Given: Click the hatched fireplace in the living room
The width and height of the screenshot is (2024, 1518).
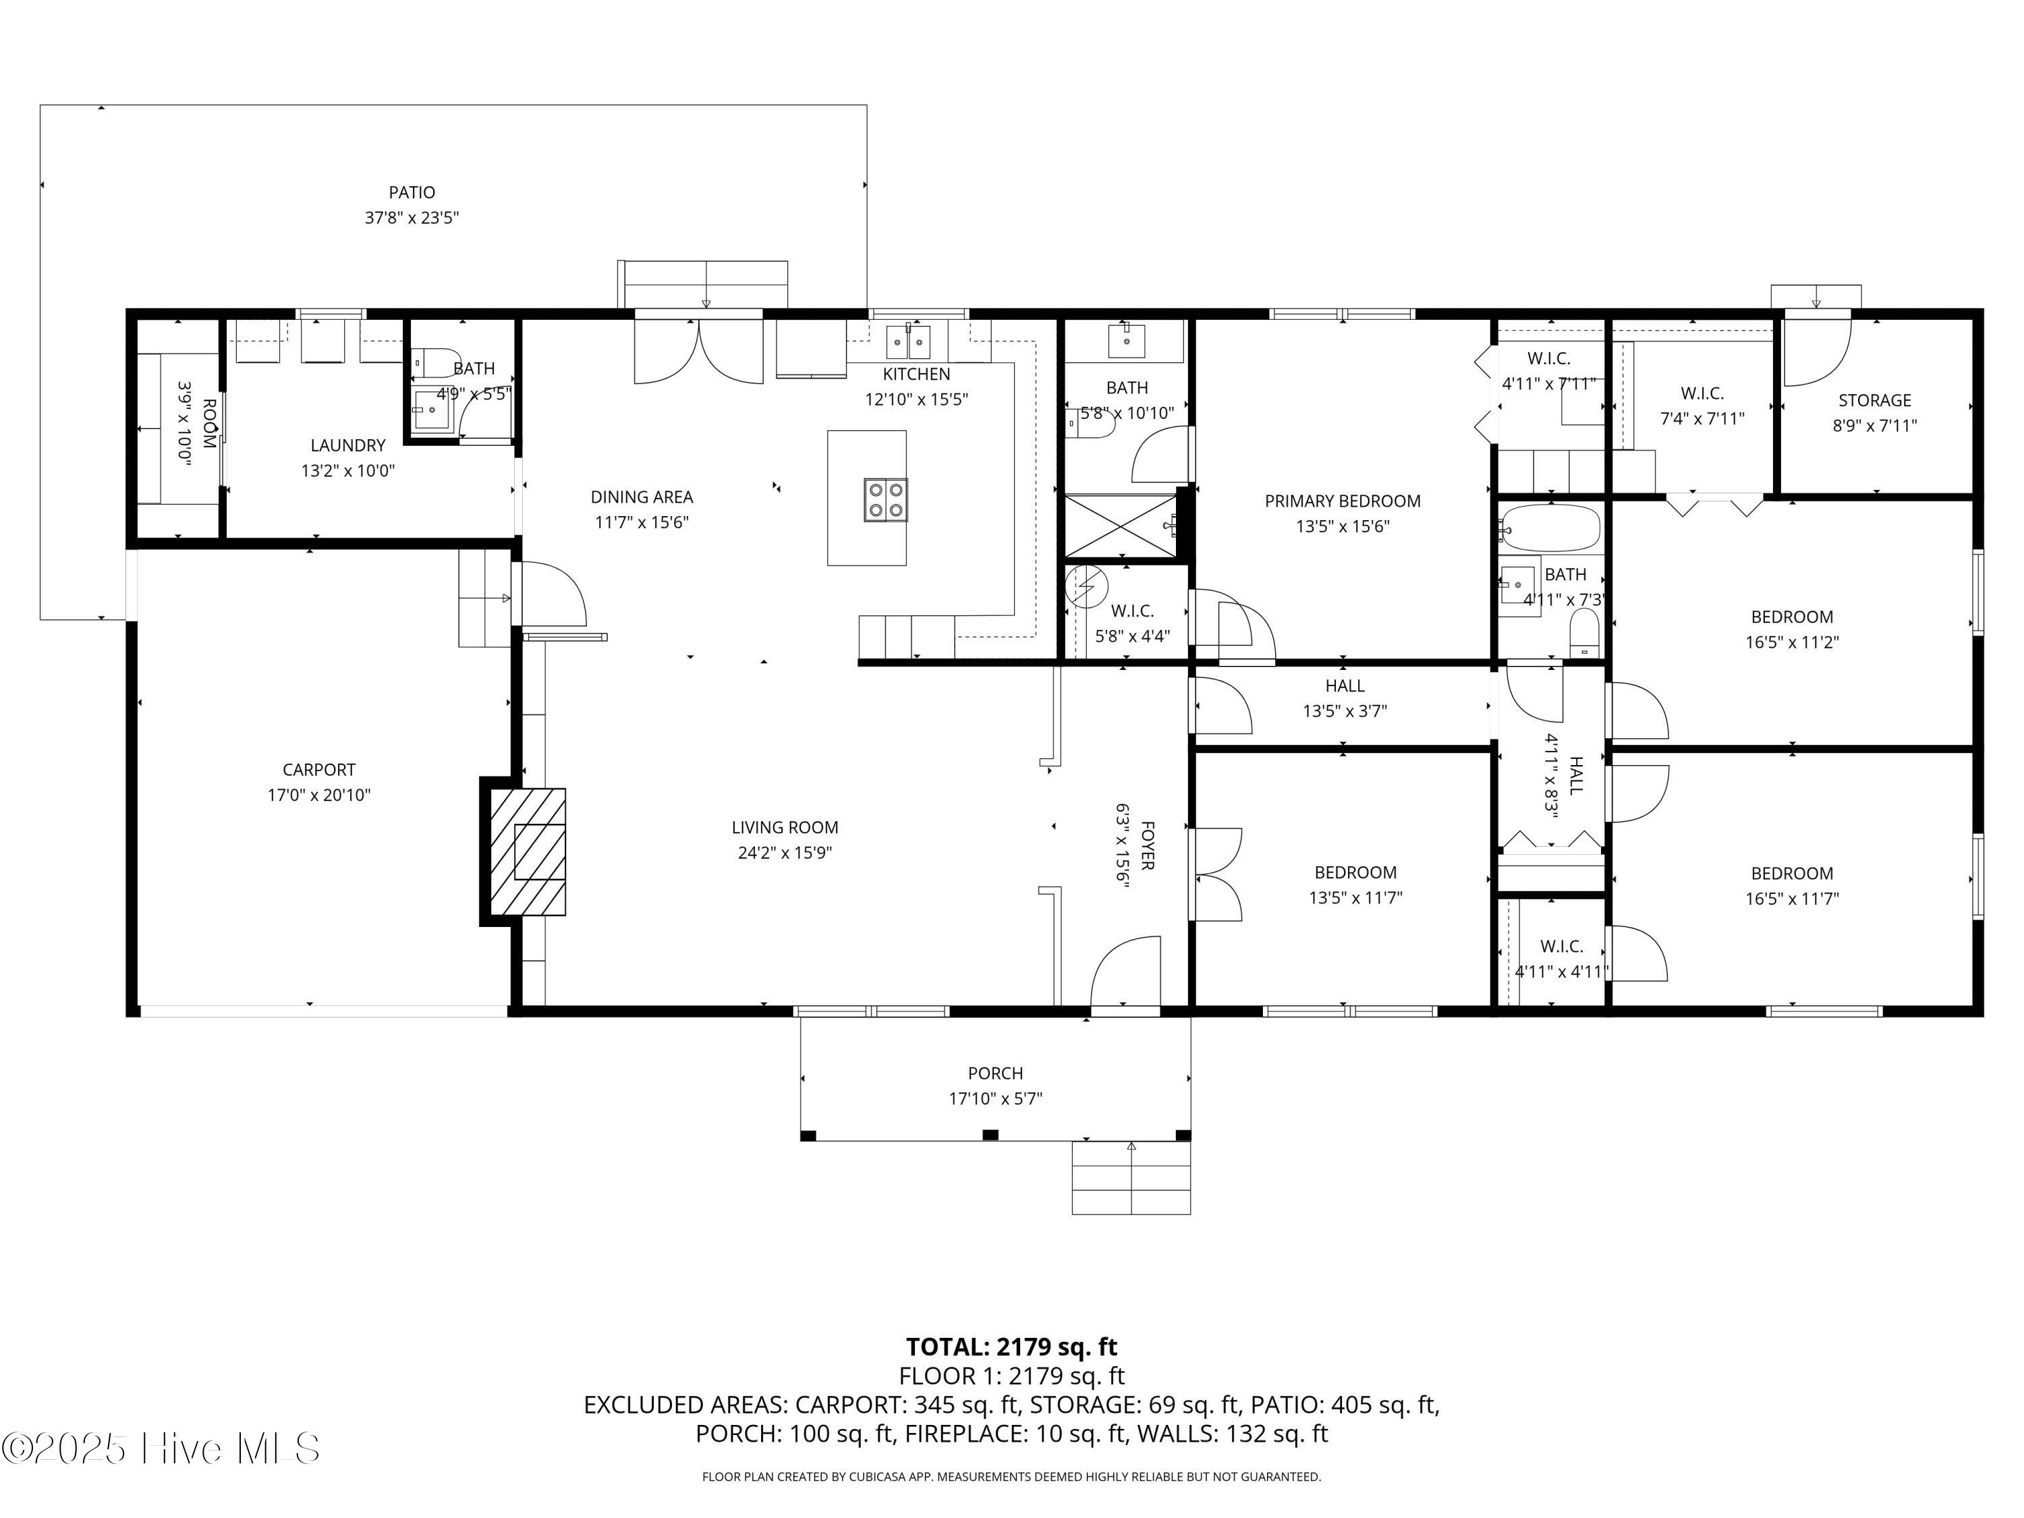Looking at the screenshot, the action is point(528,852).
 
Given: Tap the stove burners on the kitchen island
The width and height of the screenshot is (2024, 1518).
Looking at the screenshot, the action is point(884,500).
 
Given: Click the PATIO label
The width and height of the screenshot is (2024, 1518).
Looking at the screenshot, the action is point(412,192).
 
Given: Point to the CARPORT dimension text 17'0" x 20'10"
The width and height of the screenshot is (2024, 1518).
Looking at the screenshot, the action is point(318,795).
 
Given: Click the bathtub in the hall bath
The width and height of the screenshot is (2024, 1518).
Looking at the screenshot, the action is point(1549,528).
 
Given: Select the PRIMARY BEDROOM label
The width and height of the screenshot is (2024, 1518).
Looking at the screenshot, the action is point(1343,501).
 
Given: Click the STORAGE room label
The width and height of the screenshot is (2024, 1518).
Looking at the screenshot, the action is point(1875,400).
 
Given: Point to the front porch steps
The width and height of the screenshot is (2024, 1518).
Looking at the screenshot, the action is point(1131,1177).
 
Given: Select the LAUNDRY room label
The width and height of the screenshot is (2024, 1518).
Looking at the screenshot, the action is point(347,445).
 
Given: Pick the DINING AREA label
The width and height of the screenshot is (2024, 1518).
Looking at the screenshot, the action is point(642,497).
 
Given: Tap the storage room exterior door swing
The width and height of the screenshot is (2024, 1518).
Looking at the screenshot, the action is point(1817,352).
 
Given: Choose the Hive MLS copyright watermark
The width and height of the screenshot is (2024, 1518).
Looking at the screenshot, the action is point(161,1449).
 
